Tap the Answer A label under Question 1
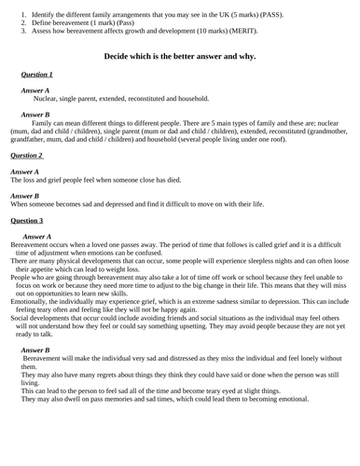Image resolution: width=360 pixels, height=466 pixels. (35, 90)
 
